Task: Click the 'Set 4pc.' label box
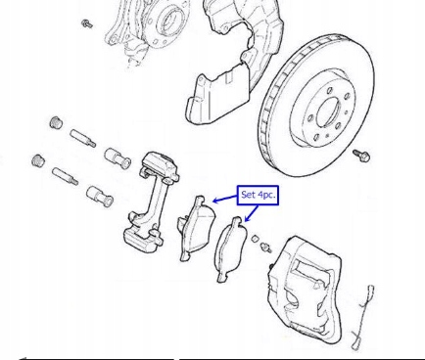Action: [258, 196]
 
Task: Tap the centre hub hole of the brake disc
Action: [328, 112]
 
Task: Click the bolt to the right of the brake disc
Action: [361, 156]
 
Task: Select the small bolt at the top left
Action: [87, 23]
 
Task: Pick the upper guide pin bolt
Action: [83, 138]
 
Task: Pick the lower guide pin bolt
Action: [65, 176]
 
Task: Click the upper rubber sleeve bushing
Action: [118, 158]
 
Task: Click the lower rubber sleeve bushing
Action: [100, 196]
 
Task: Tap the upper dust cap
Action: [57, 122]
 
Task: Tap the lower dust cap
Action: [38, 160]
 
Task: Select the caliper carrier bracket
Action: [151, 202]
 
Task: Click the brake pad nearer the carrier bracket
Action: [197, 228]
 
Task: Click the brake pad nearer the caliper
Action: [231, 248]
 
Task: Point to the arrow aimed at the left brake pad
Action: [225, 199]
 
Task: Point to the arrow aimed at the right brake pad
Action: [252, 213]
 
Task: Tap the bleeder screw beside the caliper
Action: [266, 247]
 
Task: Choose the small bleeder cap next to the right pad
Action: [256, 239]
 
